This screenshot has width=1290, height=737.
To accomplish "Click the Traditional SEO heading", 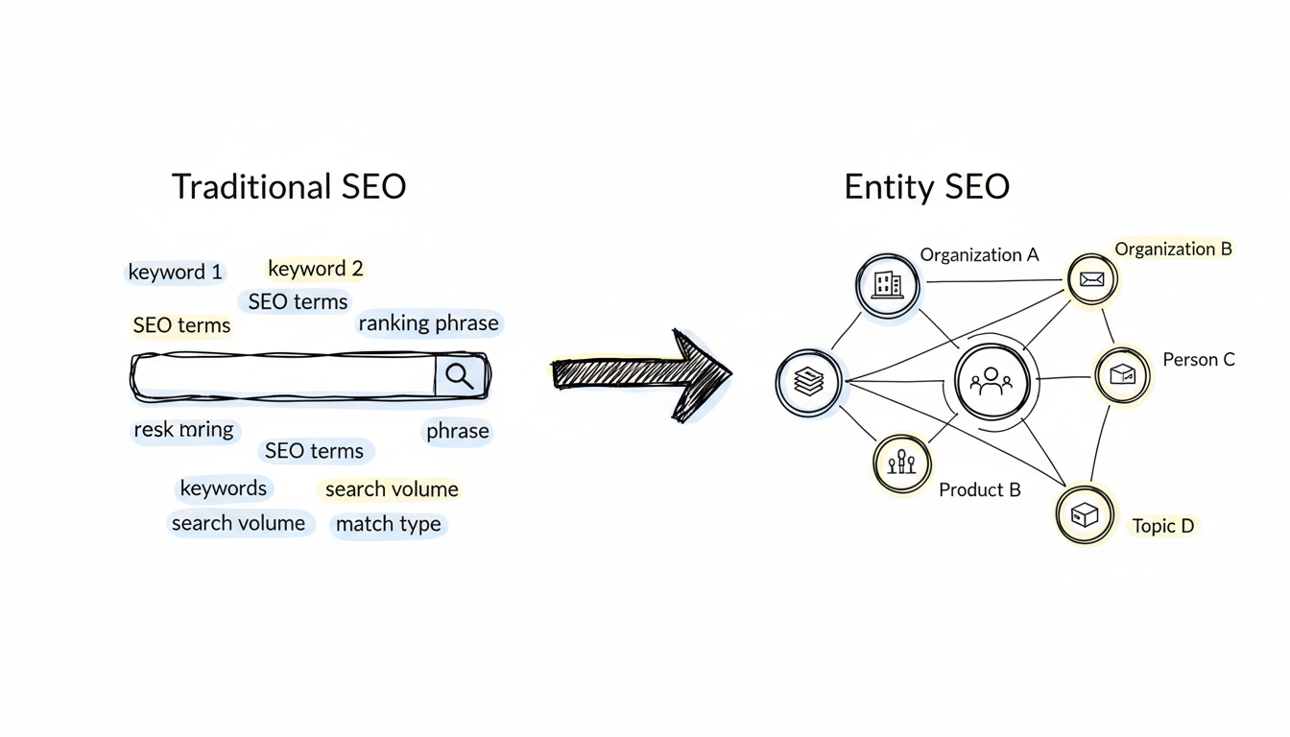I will [x=288, y=186].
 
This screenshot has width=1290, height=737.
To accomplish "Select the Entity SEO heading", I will [x=926, y=186].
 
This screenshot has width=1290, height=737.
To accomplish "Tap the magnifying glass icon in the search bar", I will [x=460, y=375].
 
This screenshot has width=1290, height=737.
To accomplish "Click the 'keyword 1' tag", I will [x=176, y=273].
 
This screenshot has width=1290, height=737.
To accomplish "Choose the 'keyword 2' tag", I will [x=315, y=269].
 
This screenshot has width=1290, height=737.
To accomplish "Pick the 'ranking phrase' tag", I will [x=428, y=324].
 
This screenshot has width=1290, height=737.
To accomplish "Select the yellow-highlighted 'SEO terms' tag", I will [x=181, y=326].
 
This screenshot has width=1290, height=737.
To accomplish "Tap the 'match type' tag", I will [x=388, y=525].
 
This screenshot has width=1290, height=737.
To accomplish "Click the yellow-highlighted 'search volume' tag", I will [x=392, y=489].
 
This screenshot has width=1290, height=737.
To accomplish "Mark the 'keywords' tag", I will [x=224, y=488].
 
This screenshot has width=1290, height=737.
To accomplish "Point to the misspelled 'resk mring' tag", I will [x=183, y=430].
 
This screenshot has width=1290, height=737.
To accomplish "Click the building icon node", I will [x=887, y=284].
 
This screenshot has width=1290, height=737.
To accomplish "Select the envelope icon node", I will [x=1091, y=280].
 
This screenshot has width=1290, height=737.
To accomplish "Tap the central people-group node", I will [x=991, y=383].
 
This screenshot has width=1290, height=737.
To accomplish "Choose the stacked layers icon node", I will [x=809, y=382].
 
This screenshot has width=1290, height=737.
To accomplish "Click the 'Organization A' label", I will [x=979, y=255].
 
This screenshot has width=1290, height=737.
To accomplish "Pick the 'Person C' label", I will [x=1198, y=360].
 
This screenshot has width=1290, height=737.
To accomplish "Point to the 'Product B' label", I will [x=979, y=490].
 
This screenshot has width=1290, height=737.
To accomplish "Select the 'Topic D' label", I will [x=1162, y=526].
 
